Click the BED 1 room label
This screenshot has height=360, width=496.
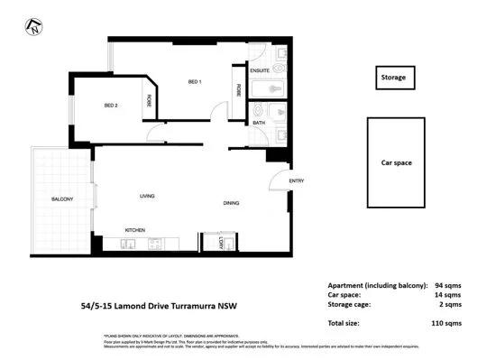(x=194, y=82)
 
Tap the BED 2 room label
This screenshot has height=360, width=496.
(x=111, y=106)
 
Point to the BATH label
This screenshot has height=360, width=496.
(x=258, y=123)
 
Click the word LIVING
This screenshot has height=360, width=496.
(x=148, y=196)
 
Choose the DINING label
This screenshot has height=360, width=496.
(x=232, y=203)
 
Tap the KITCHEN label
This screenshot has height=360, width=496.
(x=135, y=230)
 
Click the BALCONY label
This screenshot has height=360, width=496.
(x=62, y=198)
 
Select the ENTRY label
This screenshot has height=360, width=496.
(x=297, y=181)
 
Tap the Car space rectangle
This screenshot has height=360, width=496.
(x=396, y=163)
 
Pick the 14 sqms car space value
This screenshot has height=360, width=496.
(x=447, y=295)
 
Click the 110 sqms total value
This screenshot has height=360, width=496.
(x=445, y=322)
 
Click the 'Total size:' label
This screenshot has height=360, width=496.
(x=345, y=322)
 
